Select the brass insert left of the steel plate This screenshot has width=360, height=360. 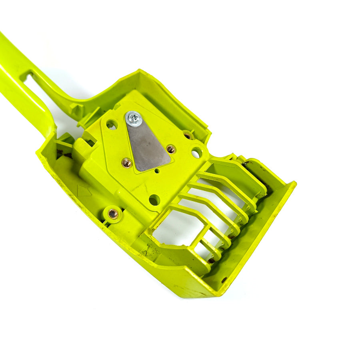(x=127, y=162)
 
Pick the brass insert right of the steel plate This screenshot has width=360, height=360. (x=171, y=149)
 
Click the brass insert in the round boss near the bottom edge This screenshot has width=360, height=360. (x=113, y=214)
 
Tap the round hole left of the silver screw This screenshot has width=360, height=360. (x=112, y=125)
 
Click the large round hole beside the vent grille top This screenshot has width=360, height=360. (x=196, y=152)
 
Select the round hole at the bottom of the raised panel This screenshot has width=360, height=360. (x=154, y=200)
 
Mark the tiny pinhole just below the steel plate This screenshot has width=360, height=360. (x=157, y=171)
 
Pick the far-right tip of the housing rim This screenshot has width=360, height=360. (x=295, y=184)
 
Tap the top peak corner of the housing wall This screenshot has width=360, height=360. (x=139, y=70)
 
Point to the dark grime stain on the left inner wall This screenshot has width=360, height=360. (x=60, y=152)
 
